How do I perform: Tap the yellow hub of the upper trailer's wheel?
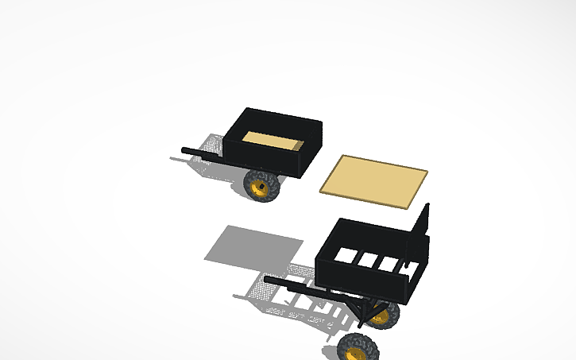(x=260, y=188)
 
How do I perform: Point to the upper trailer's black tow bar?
(x=203, y=153)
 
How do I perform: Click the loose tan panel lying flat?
(x=373, y=181)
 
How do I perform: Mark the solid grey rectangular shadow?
(x=253, y=244)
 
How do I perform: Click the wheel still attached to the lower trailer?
(x=385, y=315)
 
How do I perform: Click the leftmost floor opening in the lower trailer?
(x=345, y=256)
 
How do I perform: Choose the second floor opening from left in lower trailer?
(x=367, y=259)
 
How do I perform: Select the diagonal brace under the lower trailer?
(x=368, y=312)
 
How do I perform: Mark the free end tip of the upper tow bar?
(x=184, y=149)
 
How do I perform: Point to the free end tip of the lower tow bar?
(x=268, y=280)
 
